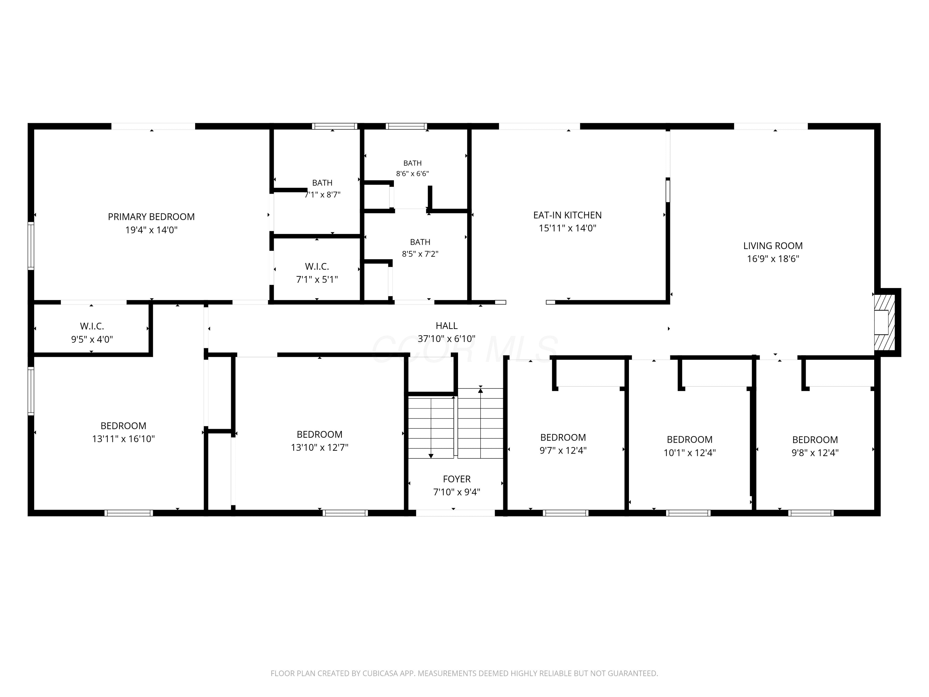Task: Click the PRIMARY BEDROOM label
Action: point(151,217)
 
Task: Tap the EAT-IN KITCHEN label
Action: point(567,215)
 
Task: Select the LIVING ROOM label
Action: point(773,246)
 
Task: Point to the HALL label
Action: point(447,326)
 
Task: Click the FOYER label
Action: point(456,479)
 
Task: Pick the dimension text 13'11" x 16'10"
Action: point(124,439)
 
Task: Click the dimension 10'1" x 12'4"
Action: point(690,453)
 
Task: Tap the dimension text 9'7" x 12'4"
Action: point(563,450)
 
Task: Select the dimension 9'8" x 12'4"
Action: point(815,453)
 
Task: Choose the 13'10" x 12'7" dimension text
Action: point(320,447)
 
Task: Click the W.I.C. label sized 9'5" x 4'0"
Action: point(92,326)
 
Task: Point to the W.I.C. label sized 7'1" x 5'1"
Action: point(317,266)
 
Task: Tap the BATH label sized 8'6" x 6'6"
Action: point(412,163)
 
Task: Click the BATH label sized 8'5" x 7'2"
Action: point(420,242)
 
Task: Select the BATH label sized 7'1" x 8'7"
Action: point(322,183)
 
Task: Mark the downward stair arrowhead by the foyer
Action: point(431,455)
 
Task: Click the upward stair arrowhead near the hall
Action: point(481,391)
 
